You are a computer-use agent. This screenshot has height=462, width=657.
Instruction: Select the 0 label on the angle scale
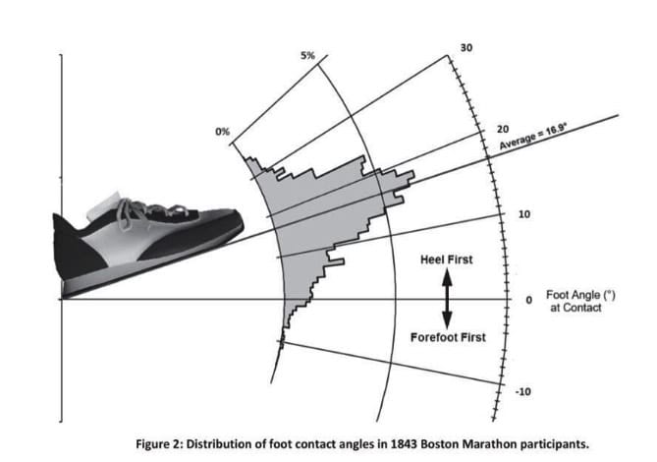[529, 299]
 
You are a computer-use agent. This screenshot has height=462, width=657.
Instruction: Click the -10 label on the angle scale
[523, 391]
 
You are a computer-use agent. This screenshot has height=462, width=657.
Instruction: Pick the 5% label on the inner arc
[307, 56]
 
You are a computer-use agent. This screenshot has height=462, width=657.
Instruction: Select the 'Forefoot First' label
[447, 337]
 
